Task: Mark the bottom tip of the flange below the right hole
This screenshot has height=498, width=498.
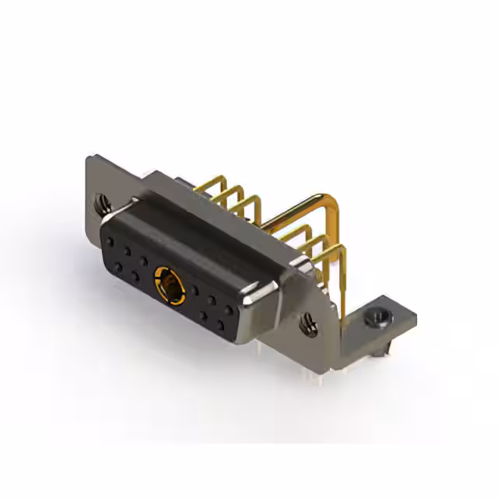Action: pyautogui.click(x=314, y=343)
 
